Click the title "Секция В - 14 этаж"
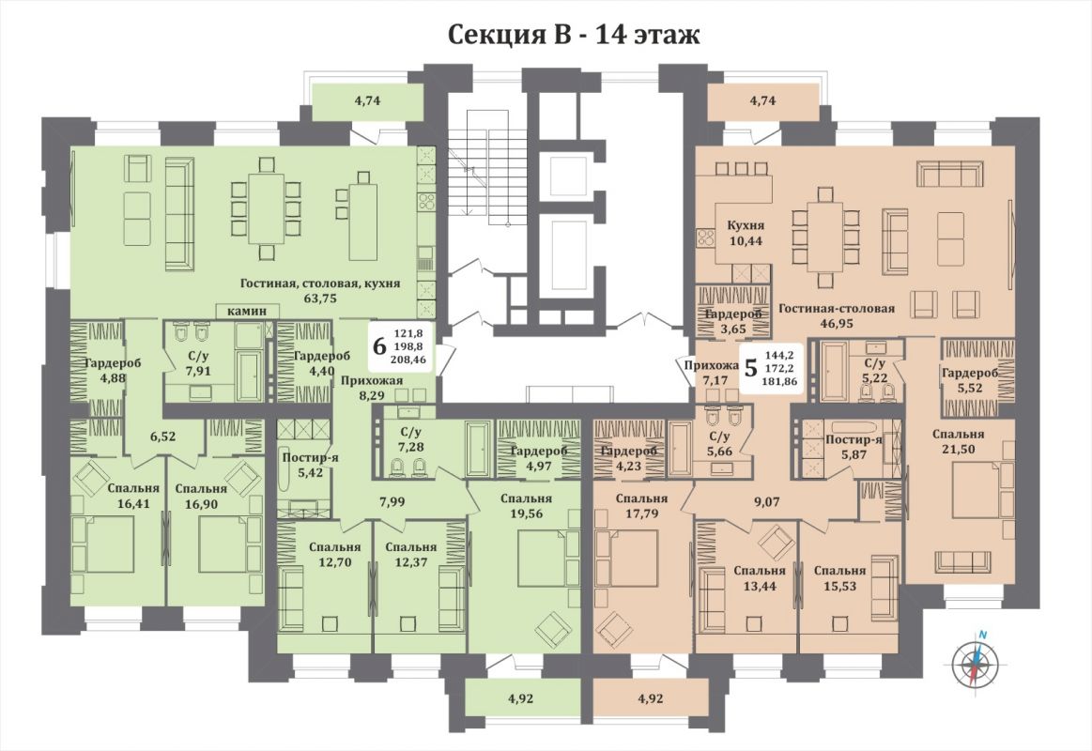573,34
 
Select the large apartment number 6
379,345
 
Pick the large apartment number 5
751,367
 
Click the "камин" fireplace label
248,311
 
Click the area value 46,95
837,323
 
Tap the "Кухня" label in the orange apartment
746,225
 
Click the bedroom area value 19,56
527,513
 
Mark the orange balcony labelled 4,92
650,698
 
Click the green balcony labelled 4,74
367,101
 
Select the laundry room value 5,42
302,472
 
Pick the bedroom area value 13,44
759,586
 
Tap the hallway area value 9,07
766,500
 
